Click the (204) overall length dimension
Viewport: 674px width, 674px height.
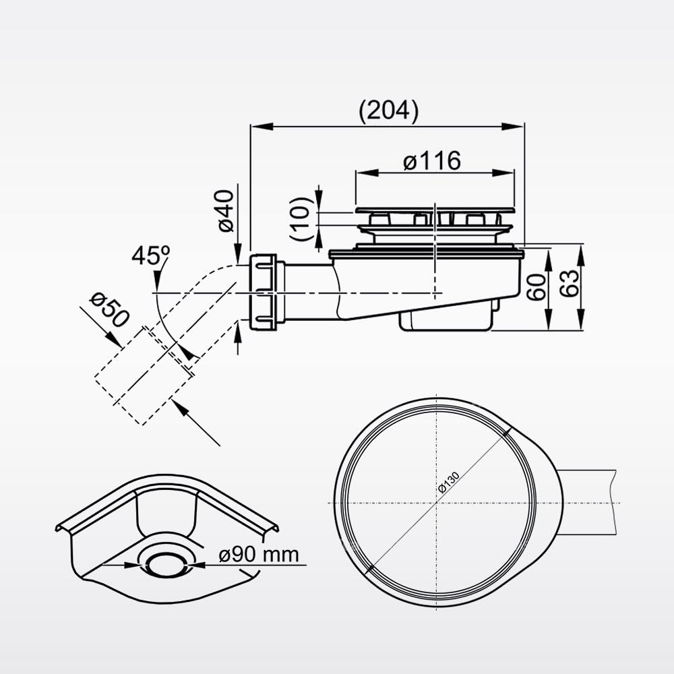tap(388, 111)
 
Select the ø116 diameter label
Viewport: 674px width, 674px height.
tap(432, 161)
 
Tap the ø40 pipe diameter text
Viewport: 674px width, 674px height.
tap(226, 210)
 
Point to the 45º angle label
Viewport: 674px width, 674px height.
tap(150, 256)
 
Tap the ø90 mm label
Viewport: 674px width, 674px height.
tap(259, 555)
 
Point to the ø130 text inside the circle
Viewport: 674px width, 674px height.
tap(448, 483)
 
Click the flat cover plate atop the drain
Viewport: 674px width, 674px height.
tap(435, 210)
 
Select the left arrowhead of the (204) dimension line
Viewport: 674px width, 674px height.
tap(256, 126)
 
